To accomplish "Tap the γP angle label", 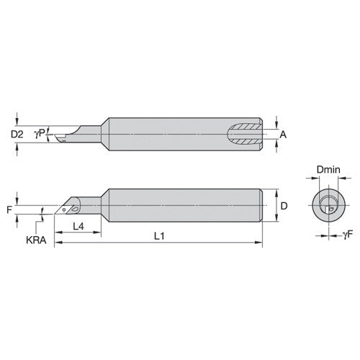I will click(44, 132).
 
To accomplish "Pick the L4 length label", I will click(81, 226).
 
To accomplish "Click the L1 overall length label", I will click(165, 236).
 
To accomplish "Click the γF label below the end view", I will click(348, 235).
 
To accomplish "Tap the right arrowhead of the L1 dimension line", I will click(261, 244).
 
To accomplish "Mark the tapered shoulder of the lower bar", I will click(103, 205).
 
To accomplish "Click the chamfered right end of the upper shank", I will click(267, 134).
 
